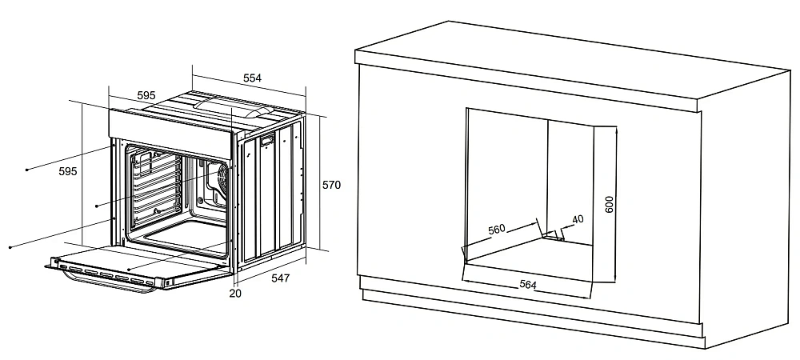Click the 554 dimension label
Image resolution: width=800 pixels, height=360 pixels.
tap(252, 78)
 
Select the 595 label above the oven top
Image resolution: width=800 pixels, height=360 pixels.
tap(146, 95)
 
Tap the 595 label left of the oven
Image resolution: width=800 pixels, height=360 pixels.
tap(68, 172)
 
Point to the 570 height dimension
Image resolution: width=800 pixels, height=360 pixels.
tap(332, 185)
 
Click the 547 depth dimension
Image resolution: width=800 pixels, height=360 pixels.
tap(280, 278)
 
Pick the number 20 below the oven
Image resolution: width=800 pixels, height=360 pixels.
tap(235, 294)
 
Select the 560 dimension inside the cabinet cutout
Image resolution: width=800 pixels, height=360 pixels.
tap(497, 230)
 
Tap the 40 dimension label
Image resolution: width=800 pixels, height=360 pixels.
tap(578, 220)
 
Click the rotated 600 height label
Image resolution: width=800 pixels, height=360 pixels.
tap(609, 204)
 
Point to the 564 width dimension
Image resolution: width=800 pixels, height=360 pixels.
tap(527, 285)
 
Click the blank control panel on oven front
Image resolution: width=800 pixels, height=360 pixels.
tap(171, 134)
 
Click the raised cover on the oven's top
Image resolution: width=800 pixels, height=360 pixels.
tap(233, 107)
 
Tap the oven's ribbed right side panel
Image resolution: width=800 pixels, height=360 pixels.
tap(271, 193)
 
